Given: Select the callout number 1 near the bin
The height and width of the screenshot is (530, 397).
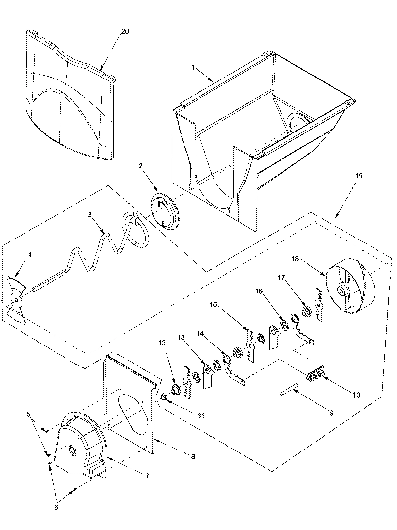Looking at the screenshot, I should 193,67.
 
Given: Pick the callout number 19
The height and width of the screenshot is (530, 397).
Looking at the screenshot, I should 359,176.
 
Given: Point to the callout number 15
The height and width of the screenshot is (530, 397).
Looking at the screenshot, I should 213,304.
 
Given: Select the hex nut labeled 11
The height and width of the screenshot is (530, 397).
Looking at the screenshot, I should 164,397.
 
